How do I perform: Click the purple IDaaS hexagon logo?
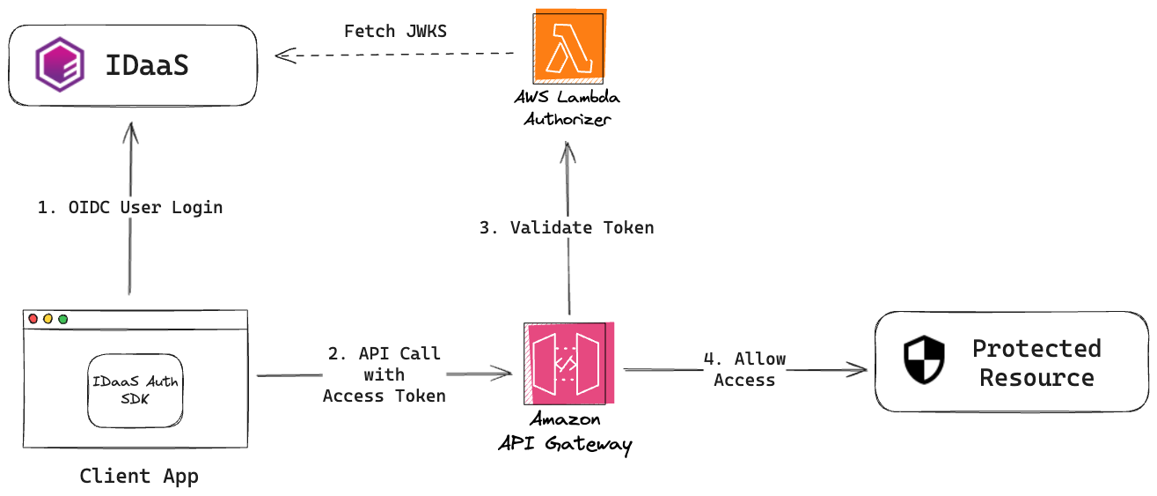[60, 66]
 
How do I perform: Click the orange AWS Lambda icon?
[569, 45]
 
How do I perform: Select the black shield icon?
[924, 361]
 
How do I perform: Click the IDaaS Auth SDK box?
[135, 390]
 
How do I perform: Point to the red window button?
[33, 318]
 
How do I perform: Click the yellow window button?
[48, 318]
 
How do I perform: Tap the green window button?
[63, 318]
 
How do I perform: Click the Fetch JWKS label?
[395, 32]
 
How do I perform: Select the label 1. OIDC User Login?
[130, 208]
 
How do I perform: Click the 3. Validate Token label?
[567, 227]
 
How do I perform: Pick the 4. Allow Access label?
[744, 370]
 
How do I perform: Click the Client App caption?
[139, 477]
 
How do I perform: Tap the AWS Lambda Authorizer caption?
[567, 108]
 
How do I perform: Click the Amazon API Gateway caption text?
[565, 433]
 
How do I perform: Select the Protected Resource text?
[1036, 363]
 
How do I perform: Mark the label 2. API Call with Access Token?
[384, 374]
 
